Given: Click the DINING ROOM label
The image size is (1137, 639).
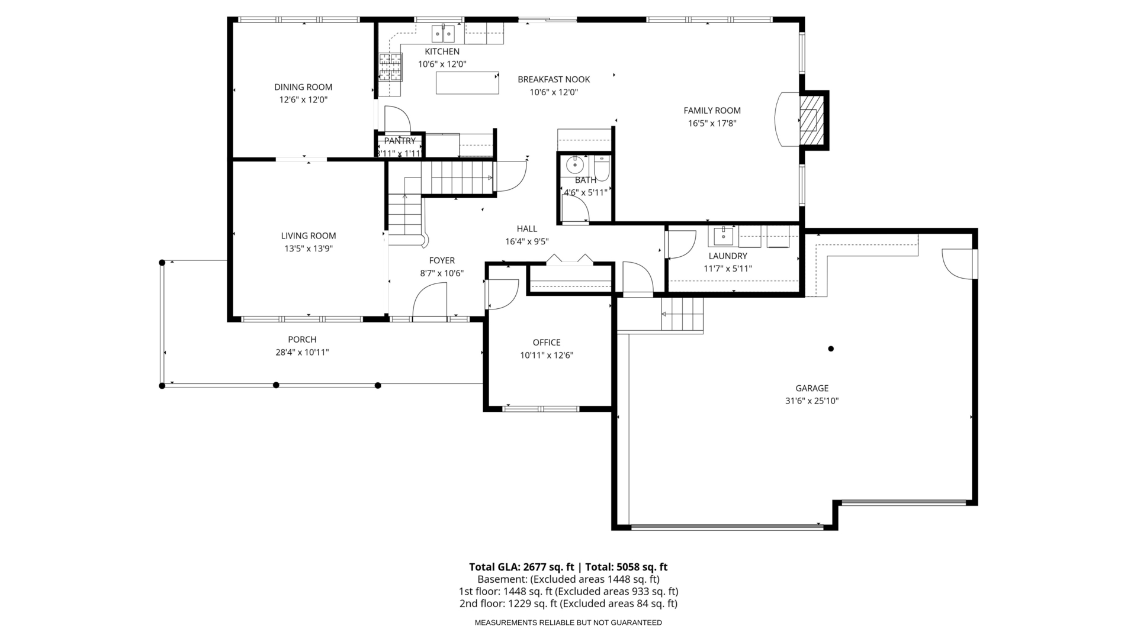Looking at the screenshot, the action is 303,87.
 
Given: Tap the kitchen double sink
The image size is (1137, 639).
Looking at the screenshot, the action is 443,34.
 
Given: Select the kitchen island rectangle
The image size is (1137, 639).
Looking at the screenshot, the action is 467,83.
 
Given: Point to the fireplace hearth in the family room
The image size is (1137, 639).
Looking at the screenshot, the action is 788,119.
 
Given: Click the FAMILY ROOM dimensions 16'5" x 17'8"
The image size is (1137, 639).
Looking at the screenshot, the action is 712,124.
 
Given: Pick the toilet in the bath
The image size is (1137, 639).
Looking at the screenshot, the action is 602,167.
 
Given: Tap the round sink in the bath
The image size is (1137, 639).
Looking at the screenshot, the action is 574,163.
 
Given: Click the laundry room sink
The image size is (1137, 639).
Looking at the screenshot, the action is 723,235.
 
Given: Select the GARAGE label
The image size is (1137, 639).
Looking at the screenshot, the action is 812,388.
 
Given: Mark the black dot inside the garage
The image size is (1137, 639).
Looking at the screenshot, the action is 831,348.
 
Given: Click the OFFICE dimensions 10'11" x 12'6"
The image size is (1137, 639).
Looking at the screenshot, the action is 547,356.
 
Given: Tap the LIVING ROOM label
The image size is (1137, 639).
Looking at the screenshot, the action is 309,235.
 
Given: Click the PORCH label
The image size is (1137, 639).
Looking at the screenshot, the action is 302,340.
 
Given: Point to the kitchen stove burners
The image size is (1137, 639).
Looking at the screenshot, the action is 390,66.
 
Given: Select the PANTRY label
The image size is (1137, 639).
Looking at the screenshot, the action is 400,141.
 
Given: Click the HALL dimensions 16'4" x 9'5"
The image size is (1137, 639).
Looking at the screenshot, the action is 527,241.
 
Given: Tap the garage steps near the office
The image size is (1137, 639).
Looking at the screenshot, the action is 682,315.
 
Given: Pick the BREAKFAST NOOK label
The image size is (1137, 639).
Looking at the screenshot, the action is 554,79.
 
